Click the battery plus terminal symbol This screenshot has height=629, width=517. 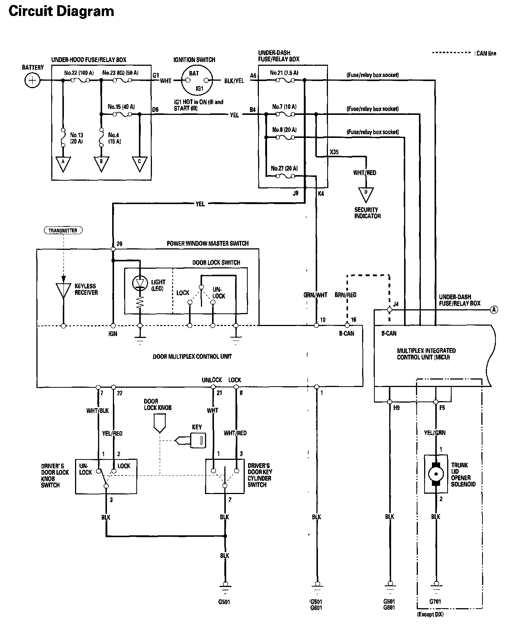[x=33, y=80]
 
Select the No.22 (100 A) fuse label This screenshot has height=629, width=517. [x=79, y=73]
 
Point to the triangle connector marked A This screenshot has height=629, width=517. [x=63, y=164]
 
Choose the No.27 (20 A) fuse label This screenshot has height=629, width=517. [x=284, y=168]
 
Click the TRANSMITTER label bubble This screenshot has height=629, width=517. [x=63, y=230]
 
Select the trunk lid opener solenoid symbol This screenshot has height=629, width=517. [x=436, y=474]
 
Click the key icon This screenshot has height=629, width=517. [x=197, y=441]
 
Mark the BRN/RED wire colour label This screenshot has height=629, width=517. [x=345, y=295]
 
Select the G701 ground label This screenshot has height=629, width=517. [x=435, y=601]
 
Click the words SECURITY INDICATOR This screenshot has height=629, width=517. [x=367, y=213]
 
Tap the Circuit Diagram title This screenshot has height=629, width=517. [x=61, y=11]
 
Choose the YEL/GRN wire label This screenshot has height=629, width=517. [x=435, y=433]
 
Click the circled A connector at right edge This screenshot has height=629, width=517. [x=494, y=309]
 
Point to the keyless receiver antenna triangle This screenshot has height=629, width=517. [x=63, y=290]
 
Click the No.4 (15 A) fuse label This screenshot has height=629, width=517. [x=114, y=138]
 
